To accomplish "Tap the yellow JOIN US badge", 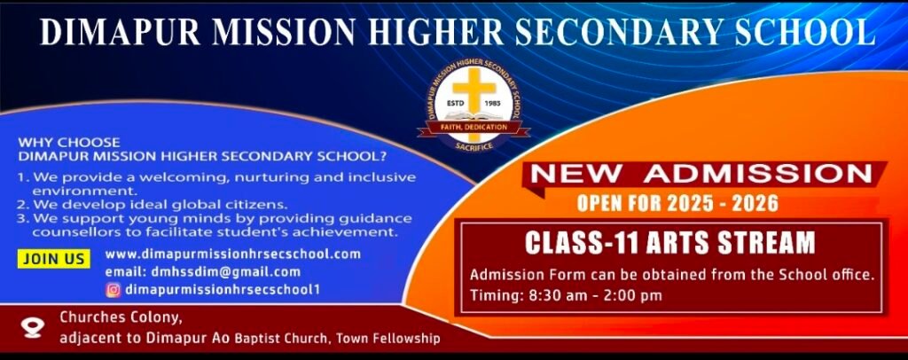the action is click(54, 259).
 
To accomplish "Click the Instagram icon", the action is click(113, 289).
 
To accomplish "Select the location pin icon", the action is click(33, 328).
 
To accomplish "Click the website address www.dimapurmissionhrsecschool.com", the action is click(233, 254).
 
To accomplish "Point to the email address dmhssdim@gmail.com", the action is click(203, 271).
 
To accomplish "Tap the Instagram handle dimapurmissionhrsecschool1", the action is click(223, 289).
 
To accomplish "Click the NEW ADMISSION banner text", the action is click(701, 174).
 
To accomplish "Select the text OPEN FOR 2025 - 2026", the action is click(677, 204).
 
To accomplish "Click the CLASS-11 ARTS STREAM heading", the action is click(670, 243).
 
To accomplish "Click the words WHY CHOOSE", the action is click(69, 143).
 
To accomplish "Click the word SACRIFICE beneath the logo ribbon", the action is click(474, 147).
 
